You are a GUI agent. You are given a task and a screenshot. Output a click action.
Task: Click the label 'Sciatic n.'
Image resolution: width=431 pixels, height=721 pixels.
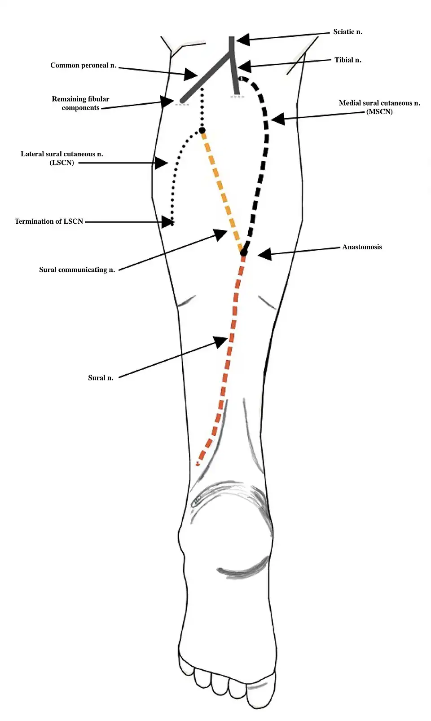click(x=347, y=32)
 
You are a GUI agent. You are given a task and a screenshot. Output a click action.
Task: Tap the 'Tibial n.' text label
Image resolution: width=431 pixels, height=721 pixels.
click(x=347, y=60)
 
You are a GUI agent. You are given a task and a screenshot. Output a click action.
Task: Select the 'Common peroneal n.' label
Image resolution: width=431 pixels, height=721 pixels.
click(x=84, y=66)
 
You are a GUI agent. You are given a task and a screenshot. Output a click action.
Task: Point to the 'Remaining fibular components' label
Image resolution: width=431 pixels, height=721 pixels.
click(x=80, y=103)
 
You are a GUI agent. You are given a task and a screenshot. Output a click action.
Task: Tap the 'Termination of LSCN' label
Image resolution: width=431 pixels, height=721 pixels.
click(x=49, y=221)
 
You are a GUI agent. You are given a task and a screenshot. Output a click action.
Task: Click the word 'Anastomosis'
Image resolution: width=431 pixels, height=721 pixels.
click(x=362, y=247)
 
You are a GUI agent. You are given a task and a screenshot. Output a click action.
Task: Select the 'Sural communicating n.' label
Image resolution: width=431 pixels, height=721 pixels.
click(x=77, y=270)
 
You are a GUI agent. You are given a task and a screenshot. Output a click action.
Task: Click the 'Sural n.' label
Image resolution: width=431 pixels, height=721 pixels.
click(x=101, y=378)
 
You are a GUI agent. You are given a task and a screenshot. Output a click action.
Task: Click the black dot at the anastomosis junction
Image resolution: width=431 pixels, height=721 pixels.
click(x=243, y=253)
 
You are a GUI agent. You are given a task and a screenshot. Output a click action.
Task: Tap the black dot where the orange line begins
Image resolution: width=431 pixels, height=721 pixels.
click(x=202, y=131)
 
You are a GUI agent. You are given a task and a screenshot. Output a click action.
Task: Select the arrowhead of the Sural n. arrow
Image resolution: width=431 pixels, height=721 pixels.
click(x=221, y=341)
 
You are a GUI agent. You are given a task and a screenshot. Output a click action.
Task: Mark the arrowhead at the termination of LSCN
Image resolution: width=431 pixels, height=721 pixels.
click(x=167, y=221)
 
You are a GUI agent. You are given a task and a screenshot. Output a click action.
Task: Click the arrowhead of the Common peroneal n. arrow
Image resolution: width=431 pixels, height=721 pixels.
click(x=190, y=75)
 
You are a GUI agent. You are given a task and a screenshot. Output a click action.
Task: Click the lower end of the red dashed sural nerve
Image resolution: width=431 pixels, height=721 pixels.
click(x=198, y=463)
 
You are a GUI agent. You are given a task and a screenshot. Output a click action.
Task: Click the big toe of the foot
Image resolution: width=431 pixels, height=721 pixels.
click(x=259, y=692)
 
